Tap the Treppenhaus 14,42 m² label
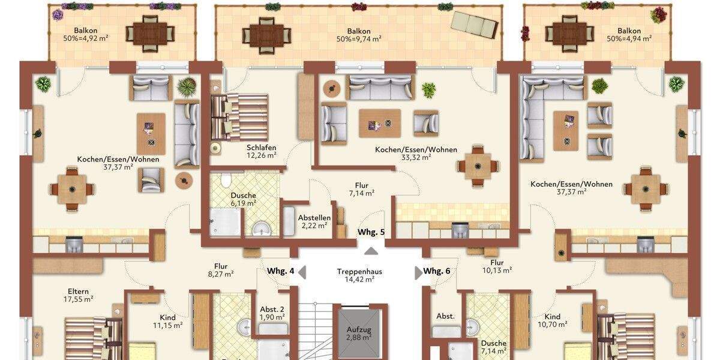(359, 275)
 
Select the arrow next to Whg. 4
(302, 272)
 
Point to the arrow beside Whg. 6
(418, 272)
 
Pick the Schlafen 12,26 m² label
(261, 151)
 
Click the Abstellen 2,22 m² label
(314, 221)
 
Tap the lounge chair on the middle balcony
(475, 23)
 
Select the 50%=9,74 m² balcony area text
(359, 38)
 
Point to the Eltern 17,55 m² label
(79, 295)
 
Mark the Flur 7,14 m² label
(361, 189)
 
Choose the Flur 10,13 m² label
(496, 266)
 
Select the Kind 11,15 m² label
(167, 321)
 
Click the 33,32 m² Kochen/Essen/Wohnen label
(416, 153)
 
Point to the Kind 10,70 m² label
(552, 320)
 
